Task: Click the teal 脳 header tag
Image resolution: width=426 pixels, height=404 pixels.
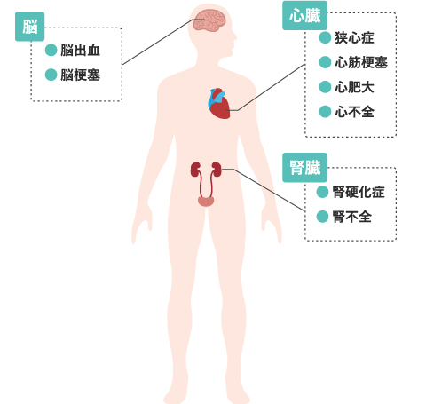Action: [29, 27]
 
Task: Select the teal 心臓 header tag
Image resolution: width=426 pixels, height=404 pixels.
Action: [304, 15]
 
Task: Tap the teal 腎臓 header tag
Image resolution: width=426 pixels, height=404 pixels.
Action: [304, 168]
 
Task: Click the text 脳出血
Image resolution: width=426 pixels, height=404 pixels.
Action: [80, 51]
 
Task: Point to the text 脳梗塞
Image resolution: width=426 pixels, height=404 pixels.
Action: [80, 75]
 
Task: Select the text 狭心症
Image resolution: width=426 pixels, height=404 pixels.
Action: [354, 38]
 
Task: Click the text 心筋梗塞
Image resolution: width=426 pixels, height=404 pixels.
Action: [361, 62]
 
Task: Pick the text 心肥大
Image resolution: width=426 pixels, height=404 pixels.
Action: [354, 87]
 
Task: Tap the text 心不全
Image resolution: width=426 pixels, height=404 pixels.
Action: [354, 112]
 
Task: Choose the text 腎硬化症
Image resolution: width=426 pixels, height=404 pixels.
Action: [359, 192]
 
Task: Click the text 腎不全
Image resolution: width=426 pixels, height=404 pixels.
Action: [352, 217]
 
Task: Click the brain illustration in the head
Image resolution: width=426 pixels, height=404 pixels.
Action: [209, 20]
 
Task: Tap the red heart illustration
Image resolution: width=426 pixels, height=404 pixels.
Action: [219, 104]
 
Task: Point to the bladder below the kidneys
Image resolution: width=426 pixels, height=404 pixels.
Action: [206, 202]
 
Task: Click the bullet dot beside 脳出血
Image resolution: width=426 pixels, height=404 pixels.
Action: [51, 50]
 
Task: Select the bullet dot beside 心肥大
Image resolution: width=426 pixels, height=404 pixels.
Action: [325, 87]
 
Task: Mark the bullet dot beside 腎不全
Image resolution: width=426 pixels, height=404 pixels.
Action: [322, 217]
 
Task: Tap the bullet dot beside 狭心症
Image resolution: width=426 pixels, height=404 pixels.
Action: [325, 37]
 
